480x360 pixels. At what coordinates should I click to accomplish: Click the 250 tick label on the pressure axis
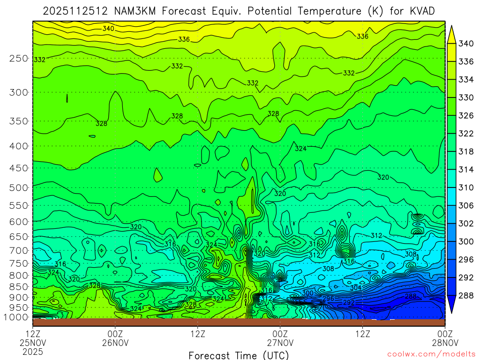[x=19, y=59]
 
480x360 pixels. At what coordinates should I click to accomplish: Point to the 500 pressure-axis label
[x=19, y=188]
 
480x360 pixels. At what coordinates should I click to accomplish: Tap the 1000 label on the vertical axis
[x=17, y=317]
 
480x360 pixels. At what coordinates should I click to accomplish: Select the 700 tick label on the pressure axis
[x=19, y=250]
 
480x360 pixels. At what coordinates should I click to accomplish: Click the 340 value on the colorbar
[x=466, y=44]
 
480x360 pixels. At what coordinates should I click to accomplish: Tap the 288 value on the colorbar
[x=466, y=295]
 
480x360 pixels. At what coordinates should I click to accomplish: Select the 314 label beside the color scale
[x=466, y=169]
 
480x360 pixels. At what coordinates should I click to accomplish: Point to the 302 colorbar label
[x=466, y=224]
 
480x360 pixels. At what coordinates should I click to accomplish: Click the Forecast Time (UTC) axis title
[x=239, y=355]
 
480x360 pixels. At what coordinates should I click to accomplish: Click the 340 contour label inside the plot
[x=108, y=29]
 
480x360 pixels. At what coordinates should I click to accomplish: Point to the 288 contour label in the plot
[x=411, y=296]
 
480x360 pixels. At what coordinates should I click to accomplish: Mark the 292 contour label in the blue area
[x=349, y=303]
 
